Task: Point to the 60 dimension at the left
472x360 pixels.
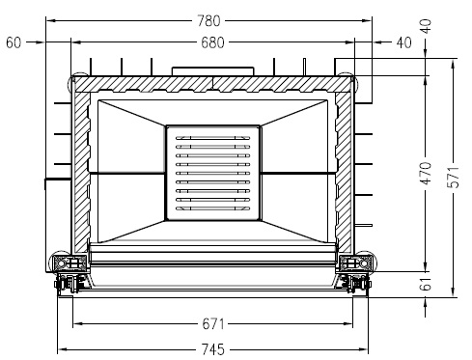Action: [13, 42]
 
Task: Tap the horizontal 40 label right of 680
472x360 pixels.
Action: [403, 42]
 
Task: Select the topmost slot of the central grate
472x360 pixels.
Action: [212, 139]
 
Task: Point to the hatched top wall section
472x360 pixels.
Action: [212, 84]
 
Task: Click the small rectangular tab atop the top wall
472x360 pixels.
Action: [212, 71]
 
